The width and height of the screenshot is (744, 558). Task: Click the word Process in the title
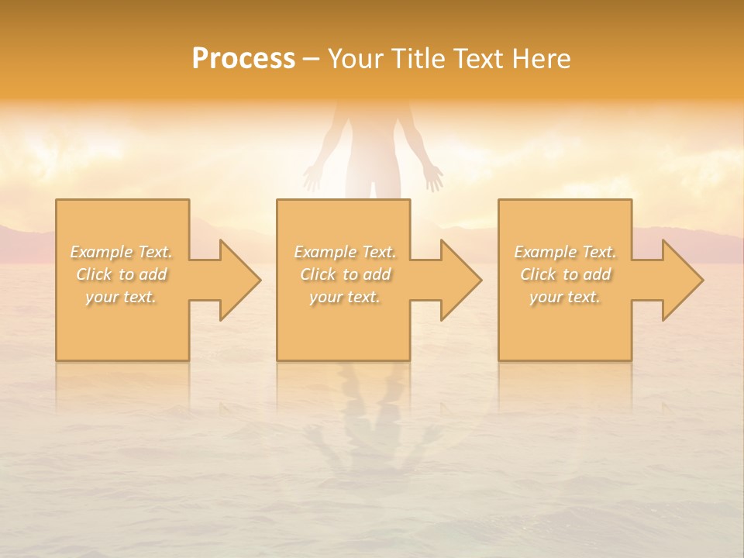243,59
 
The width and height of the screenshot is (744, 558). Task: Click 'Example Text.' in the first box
122,252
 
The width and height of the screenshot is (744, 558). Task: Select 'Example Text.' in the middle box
345,252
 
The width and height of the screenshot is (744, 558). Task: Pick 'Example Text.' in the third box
565,252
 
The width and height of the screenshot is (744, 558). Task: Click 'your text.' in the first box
122,297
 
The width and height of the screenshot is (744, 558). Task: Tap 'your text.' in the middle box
345,297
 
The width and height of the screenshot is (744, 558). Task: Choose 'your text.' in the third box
565,297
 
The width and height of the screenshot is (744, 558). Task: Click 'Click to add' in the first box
122,274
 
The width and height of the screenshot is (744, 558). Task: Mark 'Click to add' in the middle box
345,274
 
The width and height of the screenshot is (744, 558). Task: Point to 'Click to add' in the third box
565,274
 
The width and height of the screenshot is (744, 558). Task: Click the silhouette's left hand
312,178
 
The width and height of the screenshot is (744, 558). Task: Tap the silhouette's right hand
434,178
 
